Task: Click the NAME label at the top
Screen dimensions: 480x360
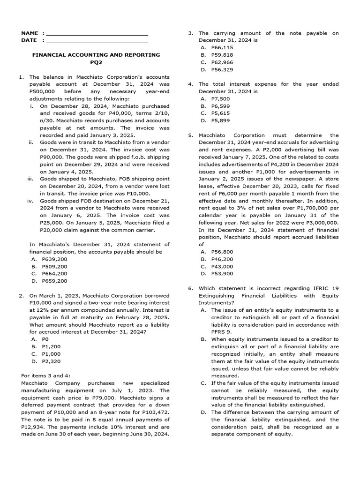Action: pyautogui.click(x=30, y=33)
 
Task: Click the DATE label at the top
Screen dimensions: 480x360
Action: pyautogui.click(x=29, y=40)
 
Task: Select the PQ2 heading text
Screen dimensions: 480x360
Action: pyautogui.click(x=96, y=62)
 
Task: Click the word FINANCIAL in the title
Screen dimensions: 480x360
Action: pyautogui.click(x=48, y=55)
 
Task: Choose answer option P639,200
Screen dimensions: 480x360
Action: pyautogui.click(x=54, y=259)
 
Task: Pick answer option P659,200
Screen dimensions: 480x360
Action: pyautogui.click(x=54, y=281)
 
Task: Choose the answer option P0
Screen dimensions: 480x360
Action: pyautogui.click(x=45, y=339)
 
